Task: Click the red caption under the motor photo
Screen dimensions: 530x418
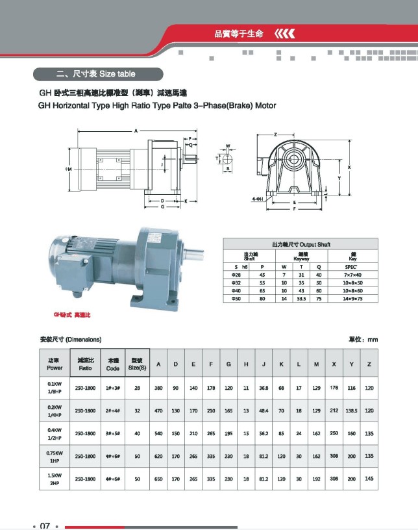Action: point(72,314)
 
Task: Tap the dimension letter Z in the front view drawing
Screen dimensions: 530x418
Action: point(276,134)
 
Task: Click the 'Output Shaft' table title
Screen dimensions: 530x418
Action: point(301,244)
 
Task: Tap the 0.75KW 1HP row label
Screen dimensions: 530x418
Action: point(55,458)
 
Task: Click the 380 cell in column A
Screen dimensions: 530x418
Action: point(158,388)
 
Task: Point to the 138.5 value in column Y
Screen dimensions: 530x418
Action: point(351,410)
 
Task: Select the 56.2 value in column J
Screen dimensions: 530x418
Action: point(264,433)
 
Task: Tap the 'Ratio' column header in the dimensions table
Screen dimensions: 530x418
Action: point(86,364)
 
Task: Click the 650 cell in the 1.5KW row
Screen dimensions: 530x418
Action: point(158,479)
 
